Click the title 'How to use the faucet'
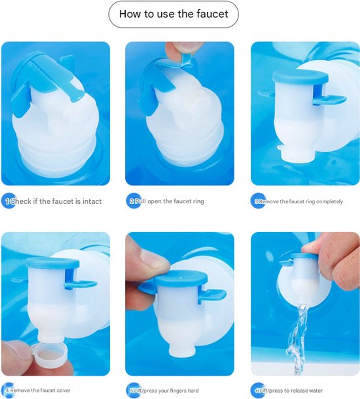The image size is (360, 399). (173, 14)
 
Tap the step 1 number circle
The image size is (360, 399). (8, 201)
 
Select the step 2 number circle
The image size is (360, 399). (134, 201)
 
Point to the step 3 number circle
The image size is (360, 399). (258, 201)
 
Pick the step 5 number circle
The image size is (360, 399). (134, 390)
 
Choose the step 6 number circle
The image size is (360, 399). (258, 390)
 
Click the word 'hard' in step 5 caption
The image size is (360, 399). (193, 391)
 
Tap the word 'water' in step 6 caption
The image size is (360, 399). (315, 391)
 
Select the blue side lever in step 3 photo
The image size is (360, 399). (329, 100)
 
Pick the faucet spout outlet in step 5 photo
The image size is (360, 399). (182, 353)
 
